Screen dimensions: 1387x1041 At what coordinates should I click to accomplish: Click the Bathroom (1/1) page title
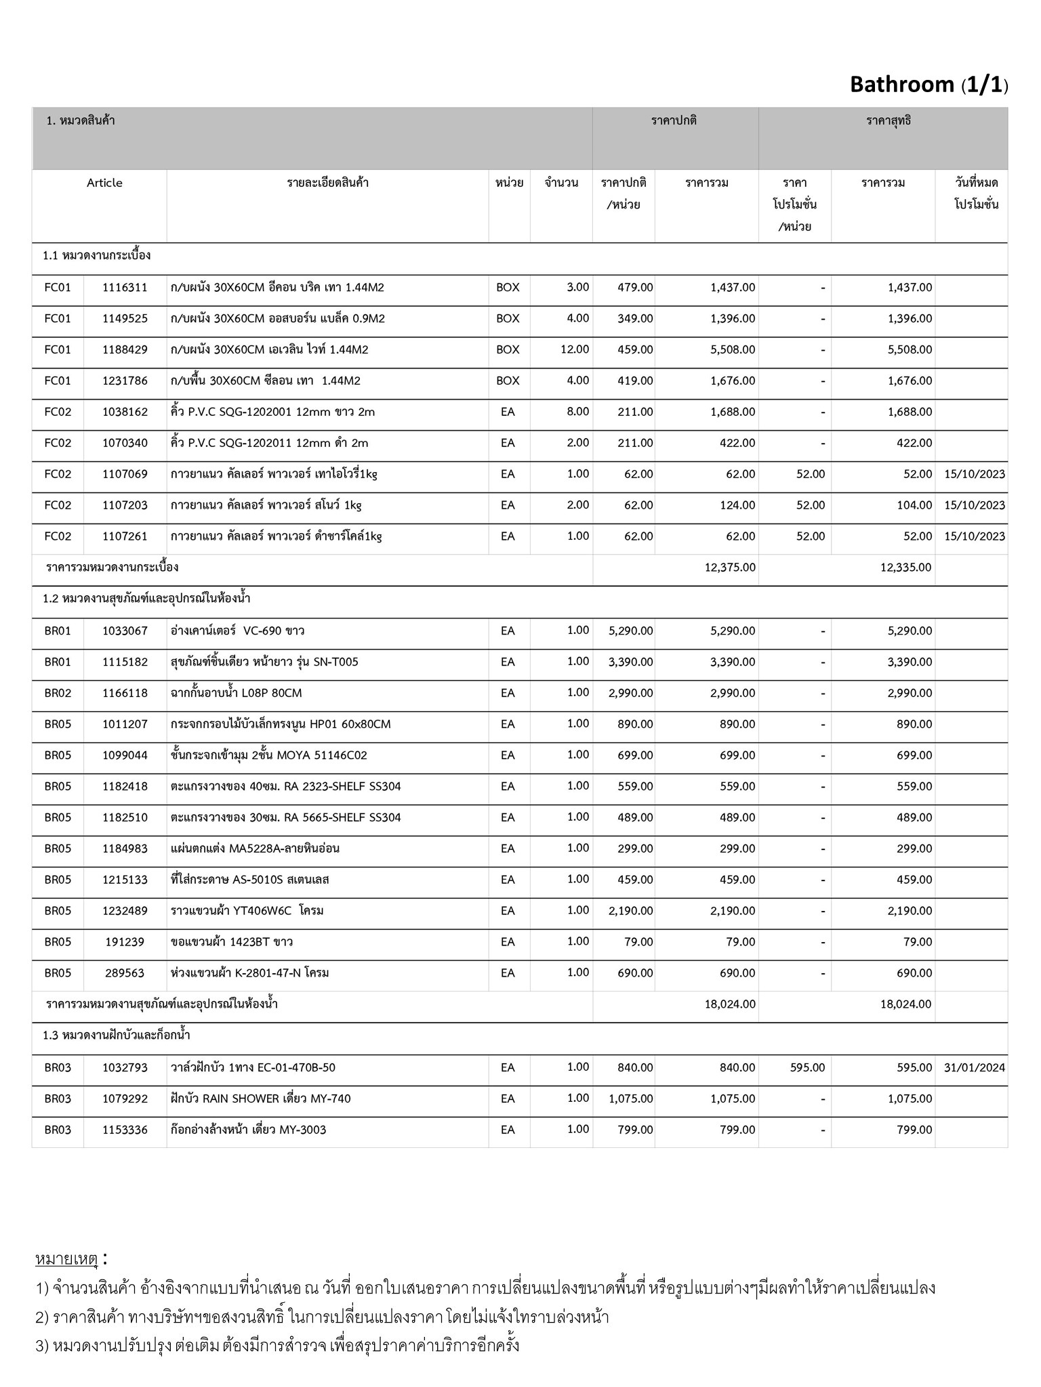(928, 85)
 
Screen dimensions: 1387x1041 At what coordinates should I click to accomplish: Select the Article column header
(104, 183)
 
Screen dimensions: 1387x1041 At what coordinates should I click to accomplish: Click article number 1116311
(125, 287)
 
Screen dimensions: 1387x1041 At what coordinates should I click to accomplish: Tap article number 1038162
(125, 412)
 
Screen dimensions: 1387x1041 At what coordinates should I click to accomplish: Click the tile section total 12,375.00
(730, 568)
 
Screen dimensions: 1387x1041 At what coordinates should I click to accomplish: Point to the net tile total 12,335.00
(905, 568)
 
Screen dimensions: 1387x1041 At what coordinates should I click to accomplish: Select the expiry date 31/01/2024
(974, 1068)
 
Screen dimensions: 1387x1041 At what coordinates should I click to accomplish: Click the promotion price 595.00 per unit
(807, 1068)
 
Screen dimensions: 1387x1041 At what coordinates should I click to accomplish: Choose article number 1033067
(125, 631)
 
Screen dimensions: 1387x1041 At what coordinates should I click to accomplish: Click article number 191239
(125, 942)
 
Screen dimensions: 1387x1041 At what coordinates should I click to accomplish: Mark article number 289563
(125, 973)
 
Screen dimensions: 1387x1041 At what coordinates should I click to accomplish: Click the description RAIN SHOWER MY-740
(261, 1099)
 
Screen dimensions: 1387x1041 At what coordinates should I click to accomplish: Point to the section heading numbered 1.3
(116, 1036)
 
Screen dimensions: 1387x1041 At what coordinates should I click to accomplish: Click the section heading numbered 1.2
(146, 599)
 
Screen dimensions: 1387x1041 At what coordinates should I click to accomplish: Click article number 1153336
(125, 1130)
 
